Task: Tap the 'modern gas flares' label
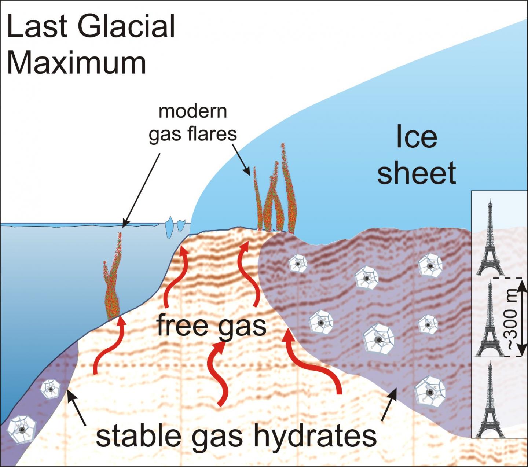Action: [x=193, y=122]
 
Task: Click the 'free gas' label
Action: [x=212, y=326]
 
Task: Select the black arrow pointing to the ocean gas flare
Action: [x=141, y=190]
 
